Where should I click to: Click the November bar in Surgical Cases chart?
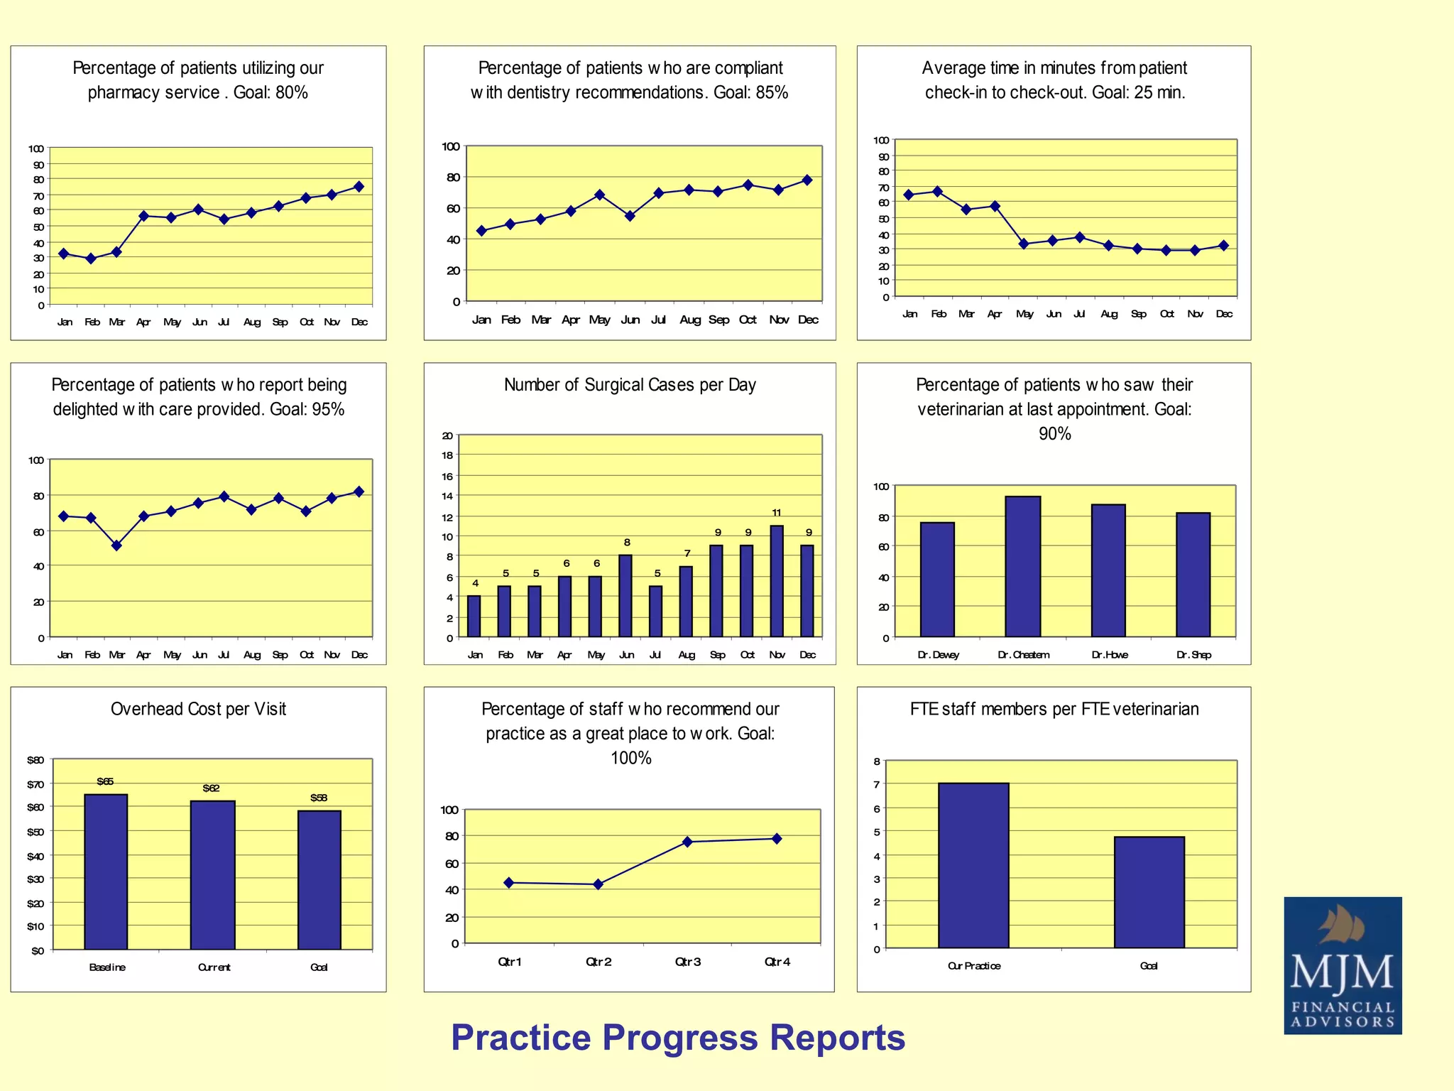coord(777,581)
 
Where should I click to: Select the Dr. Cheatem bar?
coord(1022,567)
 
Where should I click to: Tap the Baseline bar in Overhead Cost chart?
coord(106,872)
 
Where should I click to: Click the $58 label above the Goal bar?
coord(319,798)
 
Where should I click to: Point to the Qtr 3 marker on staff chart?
coord(687,842)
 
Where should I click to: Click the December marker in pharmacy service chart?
coord(359,187)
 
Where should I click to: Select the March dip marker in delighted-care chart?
coord(117,545)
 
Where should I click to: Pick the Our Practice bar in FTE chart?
coord(973,865)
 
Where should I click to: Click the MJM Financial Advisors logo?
coord(1342,965)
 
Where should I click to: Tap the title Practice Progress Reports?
coord(678,1038)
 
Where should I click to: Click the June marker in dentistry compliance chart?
coord(630,216)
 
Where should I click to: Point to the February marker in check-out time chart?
coord(938,192)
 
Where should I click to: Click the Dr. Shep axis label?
coord(1193,655)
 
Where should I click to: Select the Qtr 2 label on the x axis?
coord(598,962)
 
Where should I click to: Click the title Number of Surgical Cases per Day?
coord(630,385)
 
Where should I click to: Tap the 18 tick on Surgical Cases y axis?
coord(447,455)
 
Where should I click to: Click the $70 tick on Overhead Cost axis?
coord(35,784)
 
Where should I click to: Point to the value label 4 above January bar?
coord(475,583)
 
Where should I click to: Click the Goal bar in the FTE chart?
coord(1149,892)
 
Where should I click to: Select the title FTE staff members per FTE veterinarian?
coord(1054,709)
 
